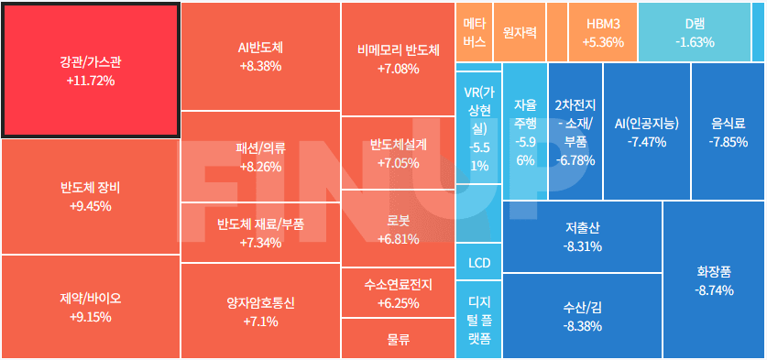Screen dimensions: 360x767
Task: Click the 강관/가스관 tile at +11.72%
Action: (x=90, y=71)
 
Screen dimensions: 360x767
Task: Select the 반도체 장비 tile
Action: (x=90, y=197)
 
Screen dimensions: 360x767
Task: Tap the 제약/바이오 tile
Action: (x=90, y=307)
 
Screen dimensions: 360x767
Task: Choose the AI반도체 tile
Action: (x=260, y=57)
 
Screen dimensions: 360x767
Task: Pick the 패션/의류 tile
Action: (x=260, y=157)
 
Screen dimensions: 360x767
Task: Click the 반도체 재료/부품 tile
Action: (x=260, y=233)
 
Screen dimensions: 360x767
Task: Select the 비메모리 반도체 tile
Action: (x=398, y=59)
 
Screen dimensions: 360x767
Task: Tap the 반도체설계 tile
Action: (x=398, y=154)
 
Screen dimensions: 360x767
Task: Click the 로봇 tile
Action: (x=398, y=230)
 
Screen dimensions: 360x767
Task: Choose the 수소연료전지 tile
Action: (x=398, y=293)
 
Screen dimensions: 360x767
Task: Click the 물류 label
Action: (x=398, y=338)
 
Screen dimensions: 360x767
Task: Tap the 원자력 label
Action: (x=520, y=31)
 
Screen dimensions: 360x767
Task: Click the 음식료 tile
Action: (x=728, y=132)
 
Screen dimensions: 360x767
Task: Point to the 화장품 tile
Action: (x=714, y=280)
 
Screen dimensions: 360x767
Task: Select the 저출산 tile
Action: (x=582, y=236)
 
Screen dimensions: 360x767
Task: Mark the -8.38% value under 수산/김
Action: (x=582, y=326)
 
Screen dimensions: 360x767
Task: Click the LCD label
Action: (x=479, y=263)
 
